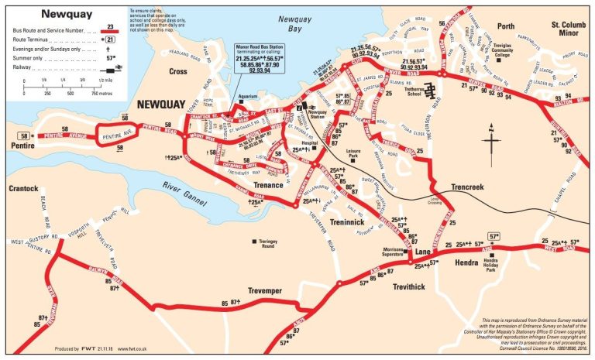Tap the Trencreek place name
pos(472,187)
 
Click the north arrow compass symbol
pos(490,147)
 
